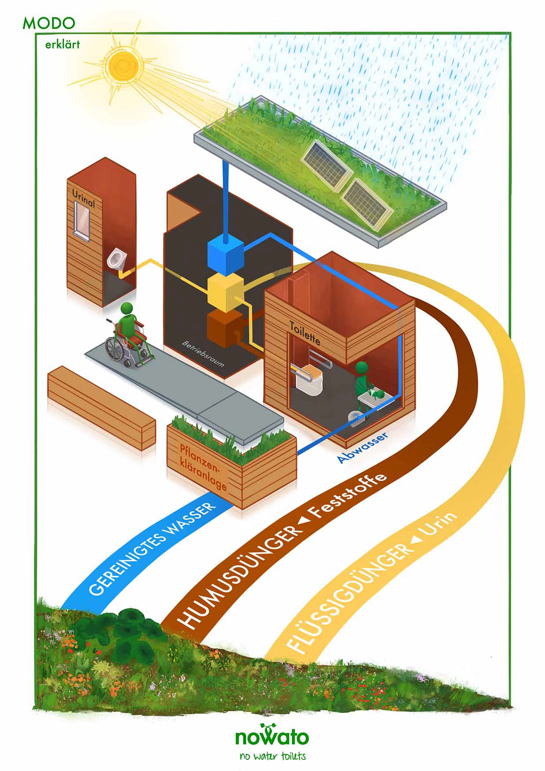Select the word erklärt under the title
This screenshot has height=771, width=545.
coord(62,44)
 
